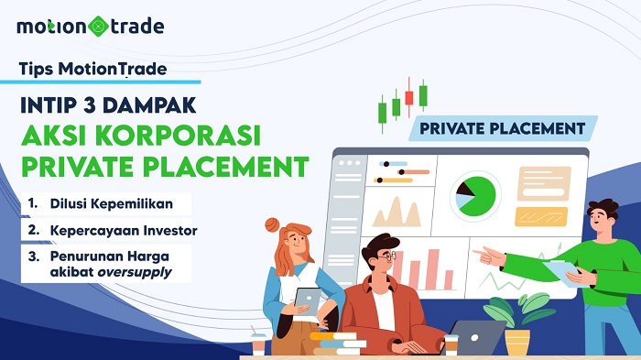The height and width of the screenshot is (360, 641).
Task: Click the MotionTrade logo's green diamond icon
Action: click(x=97, y=26)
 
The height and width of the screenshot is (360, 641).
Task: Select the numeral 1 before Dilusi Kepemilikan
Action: click(x=32, y=202)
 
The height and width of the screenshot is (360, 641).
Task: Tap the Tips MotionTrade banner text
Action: click(x=91, y=67)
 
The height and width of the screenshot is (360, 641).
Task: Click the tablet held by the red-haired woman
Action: click(x=310, y=301)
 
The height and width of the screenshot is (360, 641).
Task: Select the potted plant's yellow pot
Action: click(x=517, y=342)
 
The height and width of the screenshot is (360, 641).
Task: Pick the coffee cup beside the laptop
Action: click(x=451, y=344)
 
